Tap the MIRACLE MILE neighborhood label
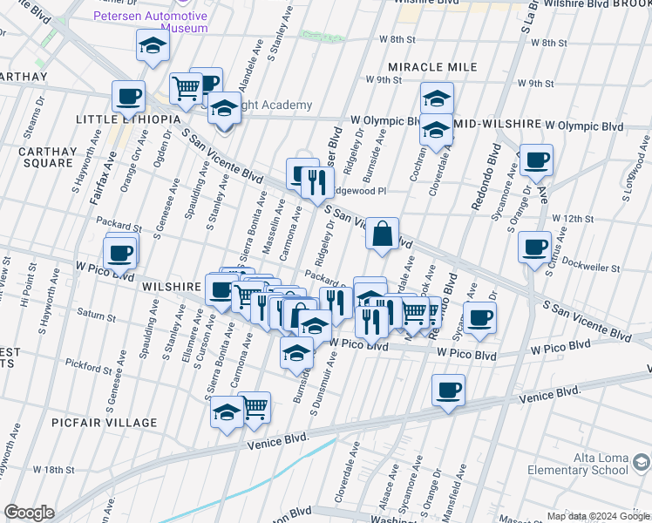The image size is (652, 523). coord(433,67)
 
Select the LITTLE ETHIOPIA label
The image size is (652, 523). coord(127,119)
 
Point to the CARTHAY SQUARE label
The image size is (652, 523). coord(45,157)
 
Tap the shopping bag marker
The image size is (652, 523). coord(383,234)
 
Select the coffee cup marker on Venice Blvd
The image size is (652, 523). coord(448,391)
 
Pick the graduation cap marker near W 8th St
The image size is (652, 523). coord(153,45)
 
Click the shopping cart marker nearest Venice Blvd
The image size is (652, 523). coord(255,407)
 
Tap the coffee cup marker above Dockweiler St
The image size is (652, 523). coord(534,247)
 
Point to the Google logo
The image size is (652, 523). coord(29,513)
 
